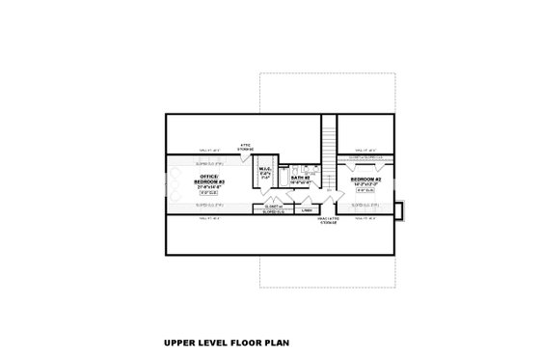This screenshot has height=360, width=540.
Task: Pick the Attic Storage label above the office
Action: [x=246, y=148]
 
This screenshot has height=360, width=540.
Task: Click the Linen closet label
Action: [x=307, y=209]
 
